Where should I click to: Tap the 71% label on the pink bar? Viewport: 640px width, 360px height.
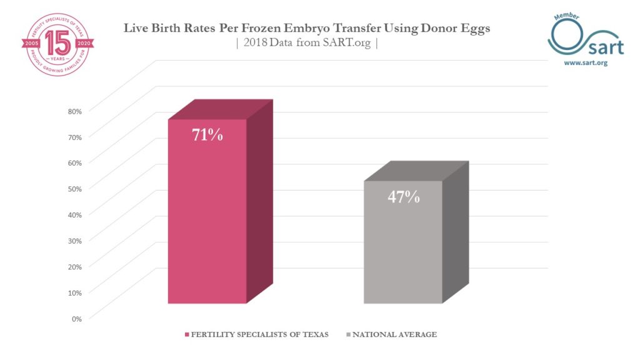[207, 134]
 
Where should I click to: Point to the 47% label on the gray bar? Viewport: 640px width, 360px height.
[403, 196]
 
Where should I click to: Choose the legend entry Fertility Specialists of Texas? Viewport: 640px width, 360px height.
[259, 335]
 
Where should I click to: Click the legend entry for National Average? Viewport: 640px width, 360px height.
[394, 335]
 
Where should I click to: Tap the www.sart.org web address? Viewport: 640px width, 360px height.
[586, 63]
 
